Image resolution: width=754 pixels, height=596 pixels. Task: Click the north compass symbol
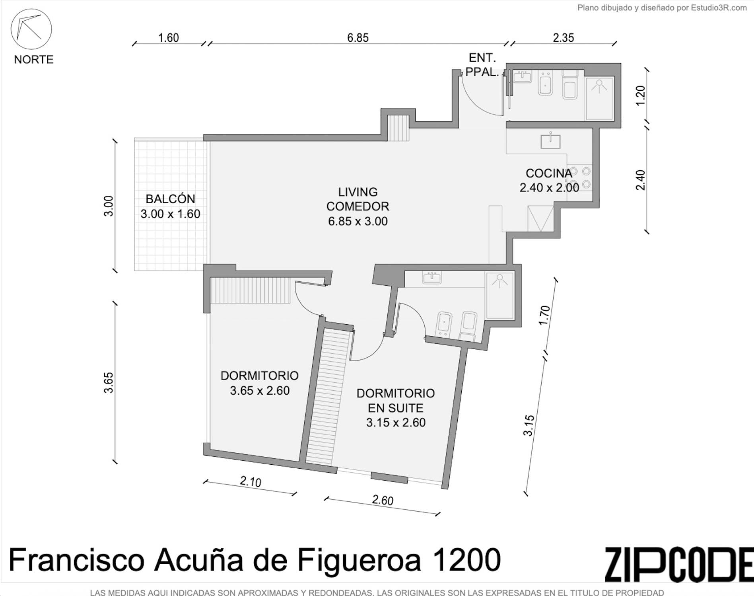tap(31, 29)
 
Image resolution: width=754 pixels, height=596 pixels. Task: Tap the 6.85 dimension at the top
tap(358, 38)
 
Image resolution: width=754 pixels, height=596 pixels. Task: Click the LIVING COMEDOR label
tap(358, 206)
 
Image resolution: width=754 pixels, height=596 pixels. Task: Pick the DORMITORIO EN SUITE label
tap(396, 408)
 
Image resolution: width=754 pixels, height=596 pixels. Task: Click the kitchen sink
tap(550, 141)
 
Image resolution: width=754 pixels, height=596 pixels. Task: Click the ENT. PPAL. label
tap(482, 65)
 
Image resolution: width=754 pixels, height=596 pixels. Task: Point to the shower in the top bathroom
tap(599, 98)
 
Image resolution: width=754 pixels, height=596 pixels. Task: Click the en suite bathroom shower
tap(499, 295)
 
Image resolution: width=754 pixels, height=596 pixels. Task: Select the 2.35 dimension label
tap(563, 38)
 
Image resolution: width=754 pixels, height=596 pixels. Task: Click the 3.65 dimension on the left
tap(109, 383)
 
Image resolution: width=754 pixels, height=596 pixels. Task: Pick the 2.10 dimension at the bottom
tap(251, 482)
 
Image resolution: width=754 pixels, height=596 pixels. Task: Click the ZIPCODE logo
tap(679, 564)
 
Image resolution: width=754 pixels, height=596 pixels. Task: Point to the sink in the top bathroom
tap(523, 76)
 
